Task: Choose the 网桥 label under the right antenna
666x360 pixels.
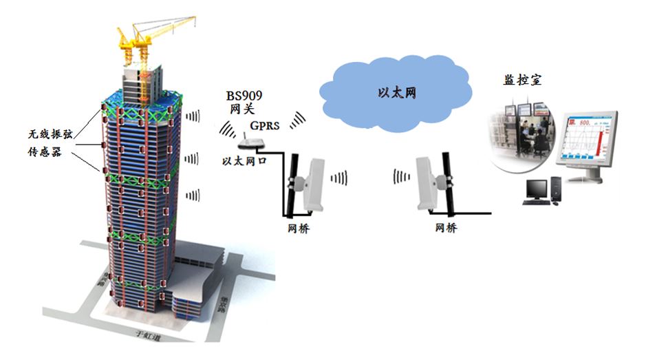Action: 446,228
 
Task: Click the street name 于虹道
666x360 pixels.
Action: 142,338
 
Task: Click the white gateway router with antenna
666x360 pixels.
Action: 250,144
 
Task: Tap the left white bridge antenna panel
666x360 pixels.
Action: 319,182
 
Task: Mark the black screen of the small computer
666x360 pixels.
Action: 536,186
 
